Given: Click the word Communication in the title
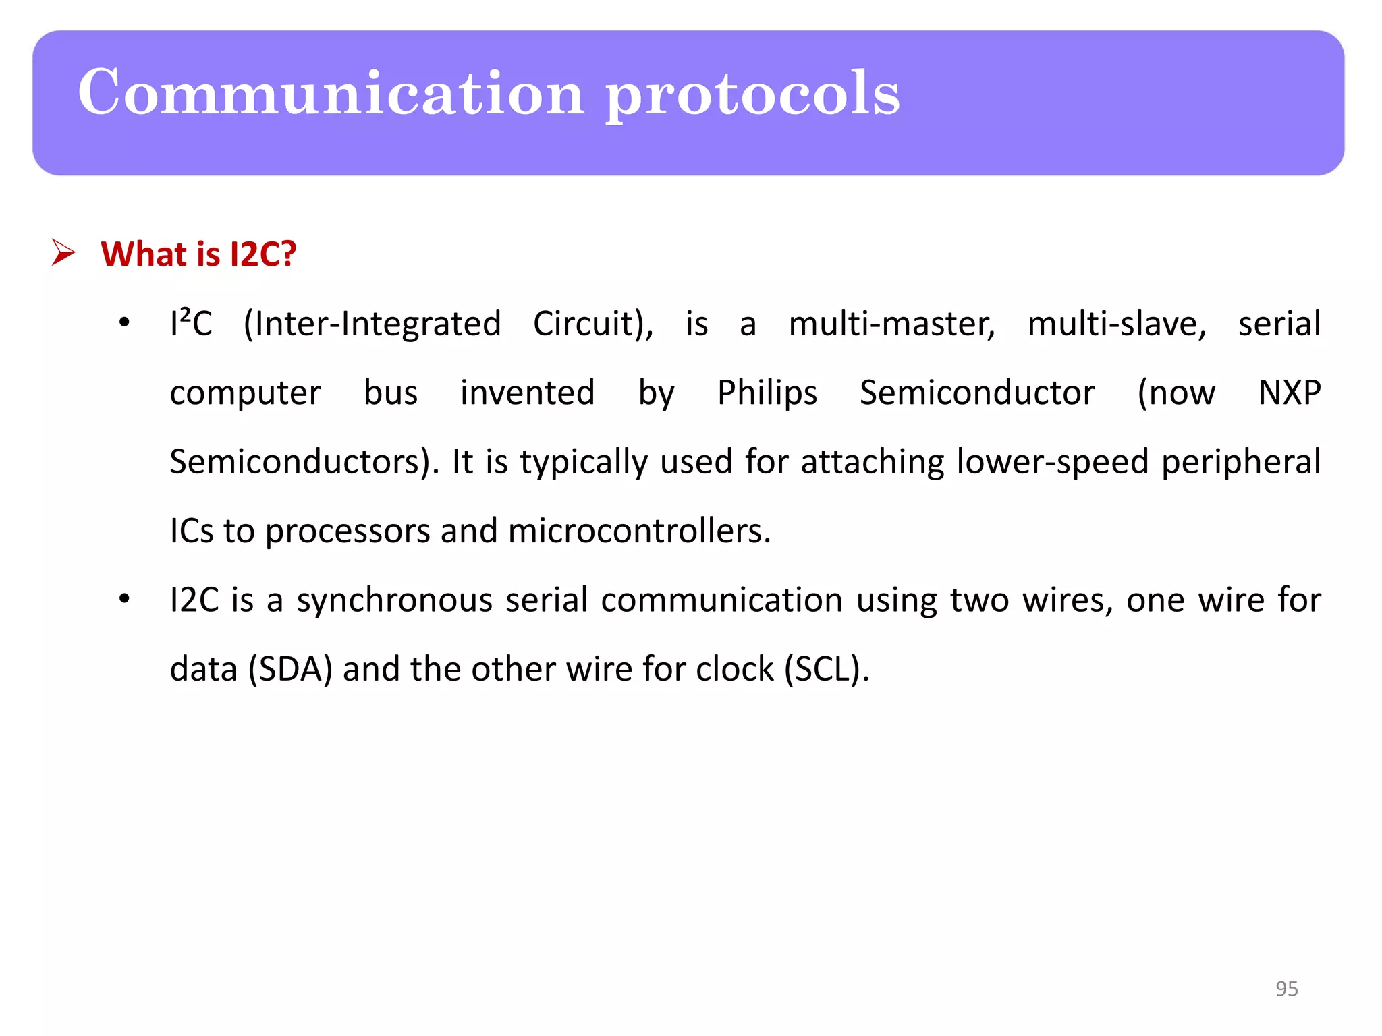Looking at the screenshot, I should tap(331, 92).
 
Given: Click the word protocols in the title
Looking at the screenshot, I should tap(752, 94).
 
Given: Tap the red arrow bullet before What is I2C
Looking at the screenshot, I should tap(63, 254).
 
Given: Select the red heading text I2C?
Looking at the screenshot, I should tap(262, 254).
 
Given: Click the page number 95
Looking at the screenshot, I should tap(1286, 988).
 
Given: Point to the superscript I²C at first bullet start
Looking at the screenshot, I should tap(191, 323).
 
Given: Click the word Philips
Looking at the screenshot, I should tap(767, 393).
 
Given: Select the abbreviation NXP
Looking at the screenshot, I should tap(1289, 393).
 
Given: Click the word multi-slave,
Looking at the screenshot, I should tap(1117, 324).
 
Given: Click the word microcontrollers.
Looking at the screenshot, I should tap(638, 531).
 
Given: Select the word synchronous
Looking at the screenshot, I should tap(395, 600).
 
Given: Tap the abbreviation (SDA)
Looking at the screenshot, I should tap(290, 669).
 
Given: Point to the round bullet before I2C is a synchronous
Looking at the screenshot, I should tap(124, 599).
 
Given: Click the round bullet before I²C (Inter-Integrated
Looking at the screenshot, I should tap(124, 323).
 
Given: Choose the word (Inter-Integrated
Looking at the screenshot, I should tap(372, 324).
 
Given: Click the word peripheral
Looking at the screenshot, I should tap(1240, 462).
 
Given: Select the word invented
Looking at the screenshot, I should tap(528, 393).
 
